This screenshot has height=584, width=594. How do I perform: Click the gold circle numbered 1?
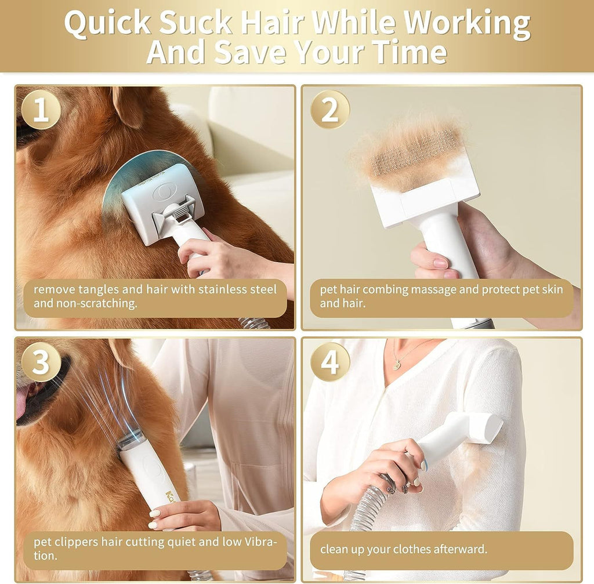[x=41, y=110]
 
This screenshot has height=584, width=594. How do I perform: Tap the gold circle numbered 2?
[x=329, y=110]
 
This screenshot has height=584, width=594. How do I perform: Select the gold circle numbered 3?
[x=41, y=362]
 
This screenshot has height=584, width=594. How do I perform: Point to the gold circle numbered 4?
[x=329, y=362]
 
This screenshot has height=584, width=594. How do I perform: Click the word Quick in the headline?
[x=107, y=23]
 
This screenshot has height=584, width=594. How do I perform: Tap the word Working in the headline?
[x=467, y=23]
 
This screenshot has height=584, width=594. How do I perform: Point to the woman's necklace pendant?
[x=397, y=364]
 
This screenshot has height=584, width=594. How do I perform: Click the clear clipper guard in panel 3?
[x=131, y=438]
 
